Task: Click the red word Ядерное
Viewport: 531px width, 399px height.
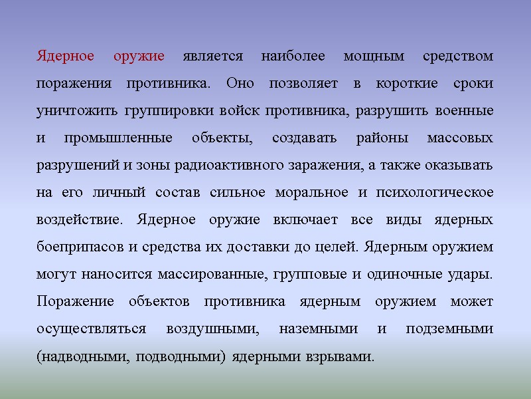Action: (x=64, y=56)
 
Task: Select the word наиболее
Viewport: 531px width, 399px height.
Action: (x=293, y=56)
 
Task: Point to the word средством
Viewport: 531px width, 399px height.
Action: (x=458, y=56)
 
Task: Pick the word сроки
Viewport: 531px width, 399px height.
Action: (x=475, y=84)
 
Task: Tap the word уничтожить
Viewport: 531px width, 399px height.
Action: (x=77, y=111)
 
